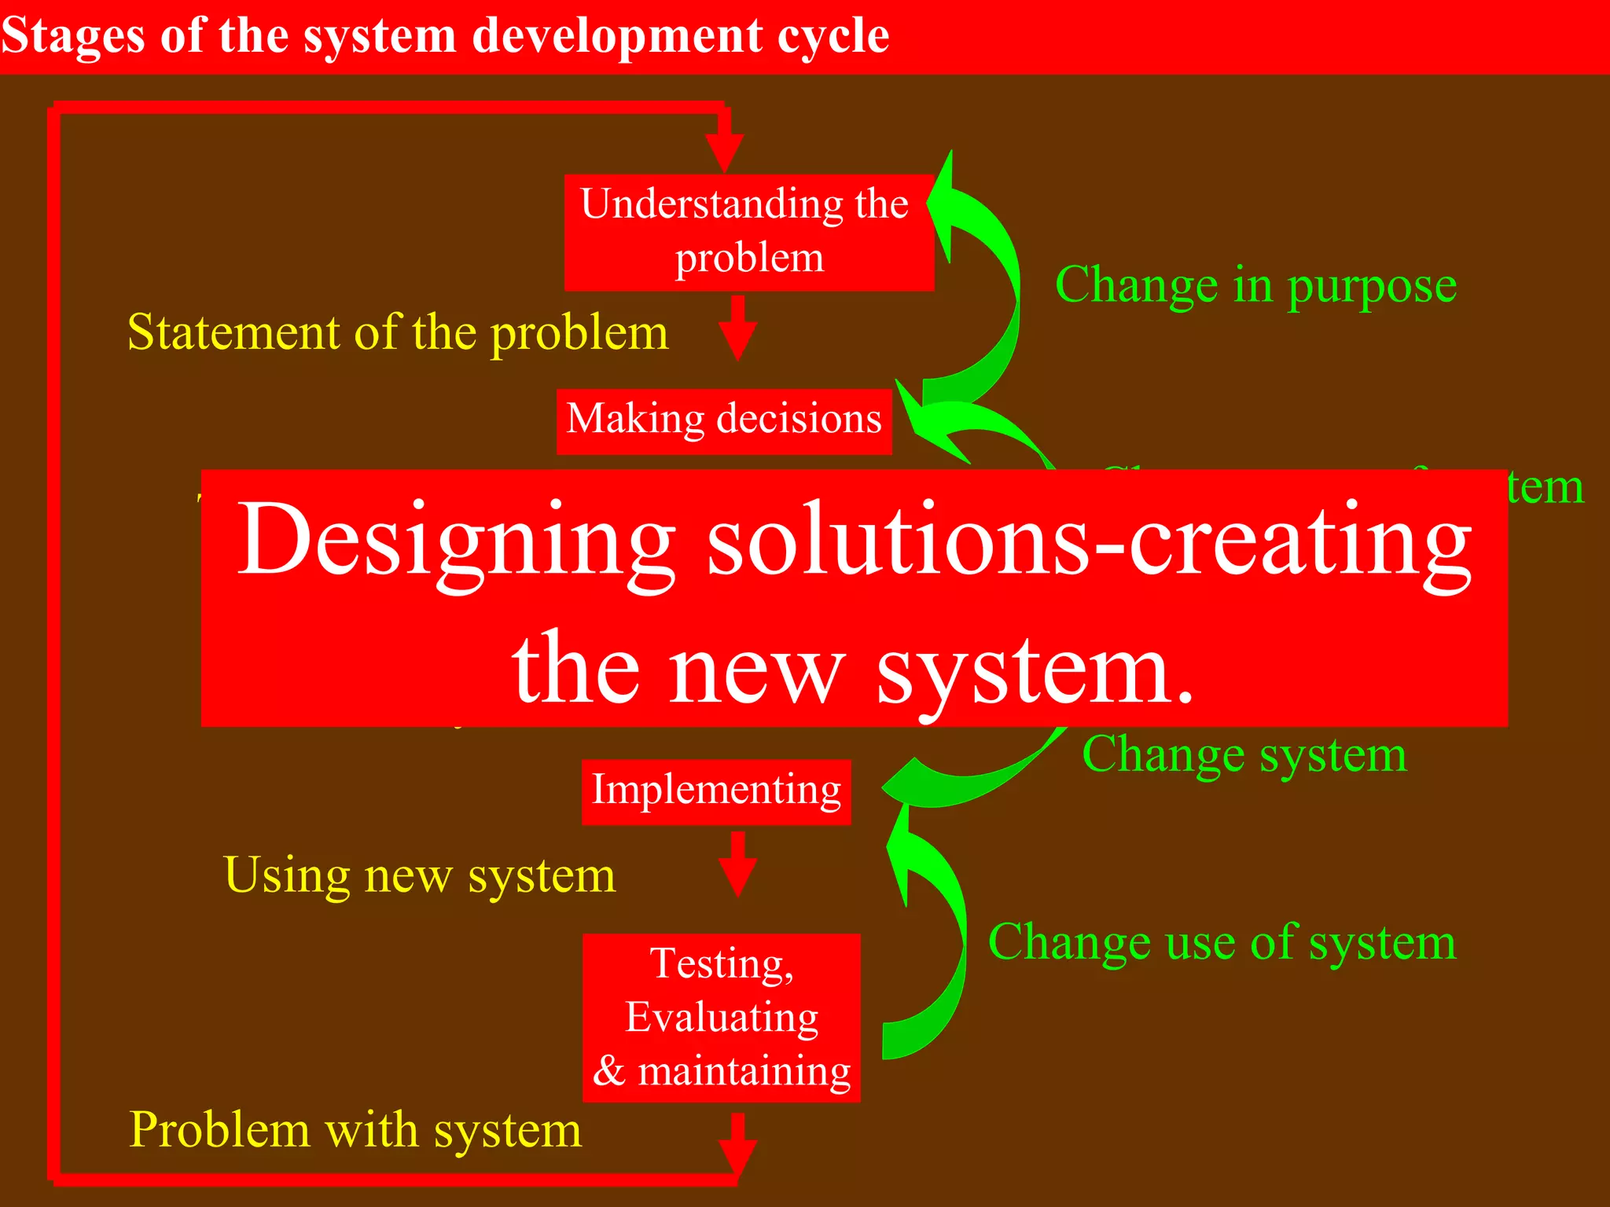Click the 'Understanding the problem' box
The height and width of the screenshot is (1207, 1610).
749,233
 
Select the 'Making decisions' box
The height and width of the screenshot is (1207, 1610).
724,421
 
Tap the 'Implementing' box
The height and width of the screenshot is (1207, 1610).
716,791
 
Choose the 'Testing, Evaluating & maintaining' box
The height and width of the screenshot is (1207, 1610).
722,1018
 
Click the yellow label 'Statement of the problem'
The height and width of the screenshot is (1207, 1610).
398,332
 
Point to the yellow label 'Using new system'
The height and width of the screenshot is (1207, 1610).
420,875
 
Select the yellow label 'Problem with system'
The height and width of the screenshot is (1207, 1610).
355,1130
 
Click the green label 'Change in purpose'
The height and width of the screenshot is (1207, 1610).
1255,285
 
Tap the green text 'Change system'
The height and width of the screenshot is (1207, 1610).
1244,755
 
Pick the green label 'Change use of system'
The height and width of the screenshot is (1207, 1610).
1222,942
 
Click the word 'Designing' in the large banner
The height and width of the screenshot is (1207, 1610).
456,542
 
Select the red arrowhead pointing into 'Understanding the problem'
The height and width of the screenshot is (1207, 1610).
724,149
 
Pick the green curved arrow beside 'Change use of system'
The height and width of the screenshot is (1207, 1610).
932,943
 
